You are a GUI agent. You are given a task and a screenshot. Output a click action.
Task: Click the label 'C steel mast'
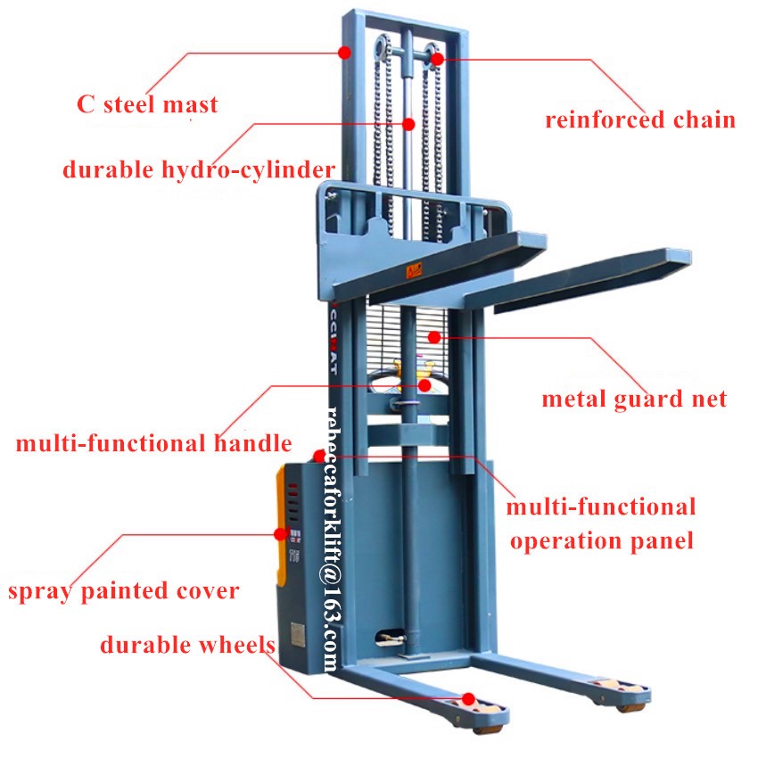(147, 104)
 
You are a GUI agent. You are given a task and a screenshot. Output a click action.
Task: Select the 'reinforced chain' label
(640, 119)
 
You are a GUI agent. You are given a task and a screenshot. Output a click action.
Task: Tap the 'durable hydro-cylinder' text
(199, 169)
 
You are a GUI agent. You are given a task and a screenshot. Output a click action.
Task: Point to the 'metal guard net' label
(634, 400)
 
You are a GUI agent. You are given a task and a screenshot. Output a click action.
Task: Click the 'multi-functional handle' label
(153, 443)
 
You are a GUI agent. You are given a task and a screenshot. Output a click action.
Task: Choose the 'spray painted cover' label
(124, 591)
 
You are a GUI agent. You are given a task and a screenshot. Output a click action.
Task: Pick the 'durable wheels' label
(187, 645)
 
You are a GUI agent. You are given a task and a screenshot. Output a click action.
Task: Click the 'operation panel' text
(602, 541)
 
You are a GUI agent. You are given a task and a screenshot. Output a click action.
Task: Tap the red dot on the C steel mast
(344, 53)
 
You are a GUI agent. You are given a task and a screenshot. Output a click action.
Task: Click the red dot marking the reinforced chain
(437, 59)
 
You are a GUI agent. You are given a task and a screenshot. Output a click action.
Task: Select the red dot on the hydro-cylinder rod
(409, 124)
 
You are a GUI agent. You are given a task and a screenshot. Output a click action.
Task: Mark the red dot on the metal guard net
(434, 337)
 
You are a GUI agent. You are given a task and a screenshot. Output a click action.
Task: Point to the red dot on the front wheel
(468, 699)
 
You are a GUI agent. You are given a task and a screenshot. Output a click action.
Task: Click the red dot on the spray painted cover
(280, 533)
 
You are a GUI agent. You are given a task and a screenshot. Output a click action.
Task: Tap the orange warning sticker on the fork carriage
(414, 271)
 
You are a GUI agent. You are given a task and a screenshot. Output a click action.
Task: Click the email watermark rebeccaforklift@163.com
(334, 539)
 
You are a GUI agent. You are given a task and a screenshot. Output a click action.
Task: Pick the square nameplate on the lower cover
(298, 633)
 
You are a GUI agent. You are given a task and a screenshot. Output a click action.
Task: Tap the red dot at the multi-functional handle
(424, 385)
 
